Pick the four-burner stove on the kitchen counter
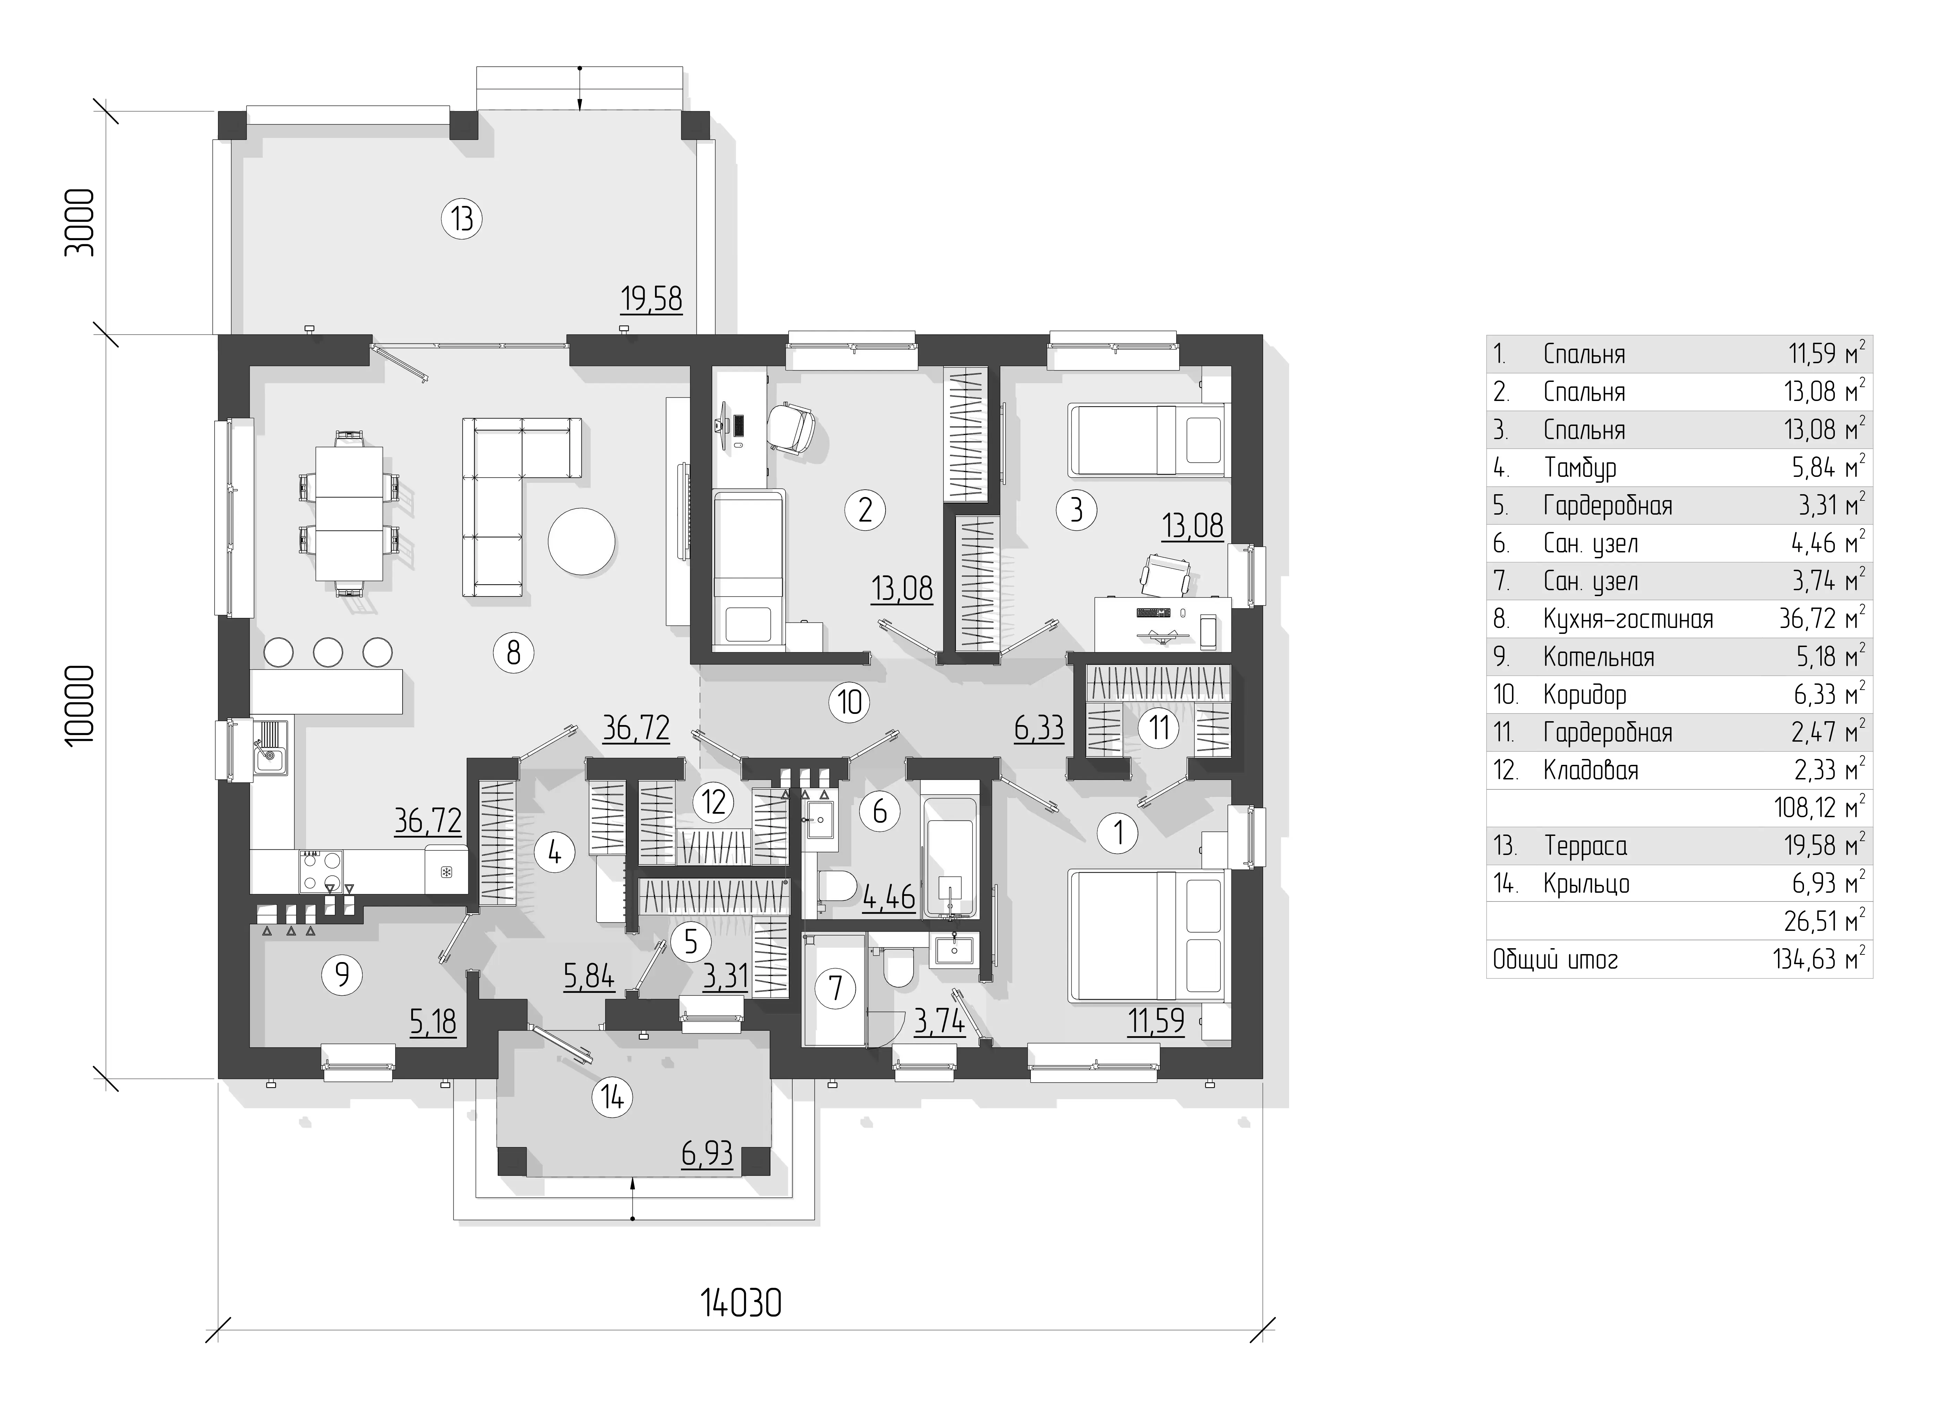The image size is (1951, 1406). point(321,870)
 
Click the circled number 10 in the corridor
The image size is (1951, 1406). point(850,702)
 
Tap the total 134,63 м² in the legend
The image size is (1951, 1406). point(1819,959)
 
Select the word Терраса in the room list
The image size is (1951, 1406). point(1586,846)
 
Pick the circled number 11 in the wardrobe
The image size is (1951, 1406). point(1159,727)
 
